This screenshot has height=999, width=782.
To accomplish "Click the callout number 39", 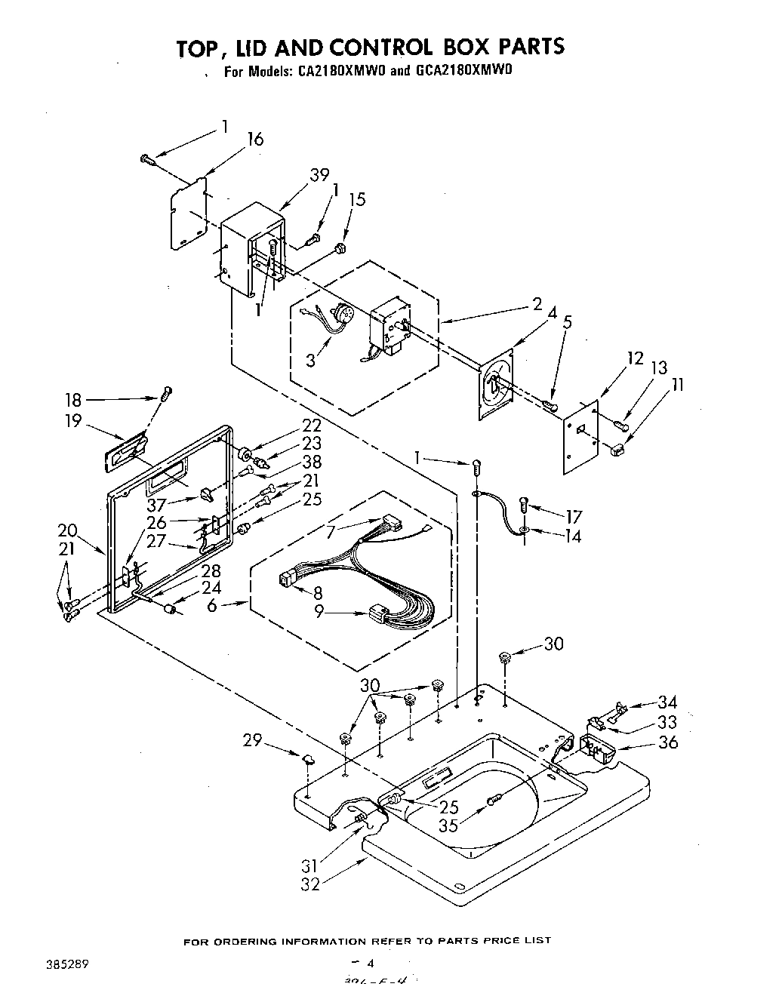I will point(319,175).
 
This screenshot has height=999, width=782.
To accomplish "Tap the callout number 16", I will point(256,139).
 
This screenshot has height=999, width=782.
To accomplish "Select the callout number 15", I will point(357,199).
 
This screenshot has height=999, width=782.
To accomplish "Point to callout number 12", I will point(636,359).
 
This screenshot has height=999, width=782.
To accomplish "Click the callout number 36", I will point(668,742).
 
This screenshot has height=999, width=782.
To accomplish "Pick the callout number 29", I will point(253,741).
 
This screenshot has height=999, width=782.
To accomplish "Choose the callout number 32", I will point(310,884).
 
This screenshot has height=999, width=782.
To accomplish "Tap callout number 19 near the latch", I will point(73,421).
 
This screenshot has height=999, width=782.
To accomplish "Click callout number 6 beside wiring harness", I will point(213,604).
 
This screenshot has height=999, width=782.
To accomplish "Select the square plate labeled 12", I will point(581,435).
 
